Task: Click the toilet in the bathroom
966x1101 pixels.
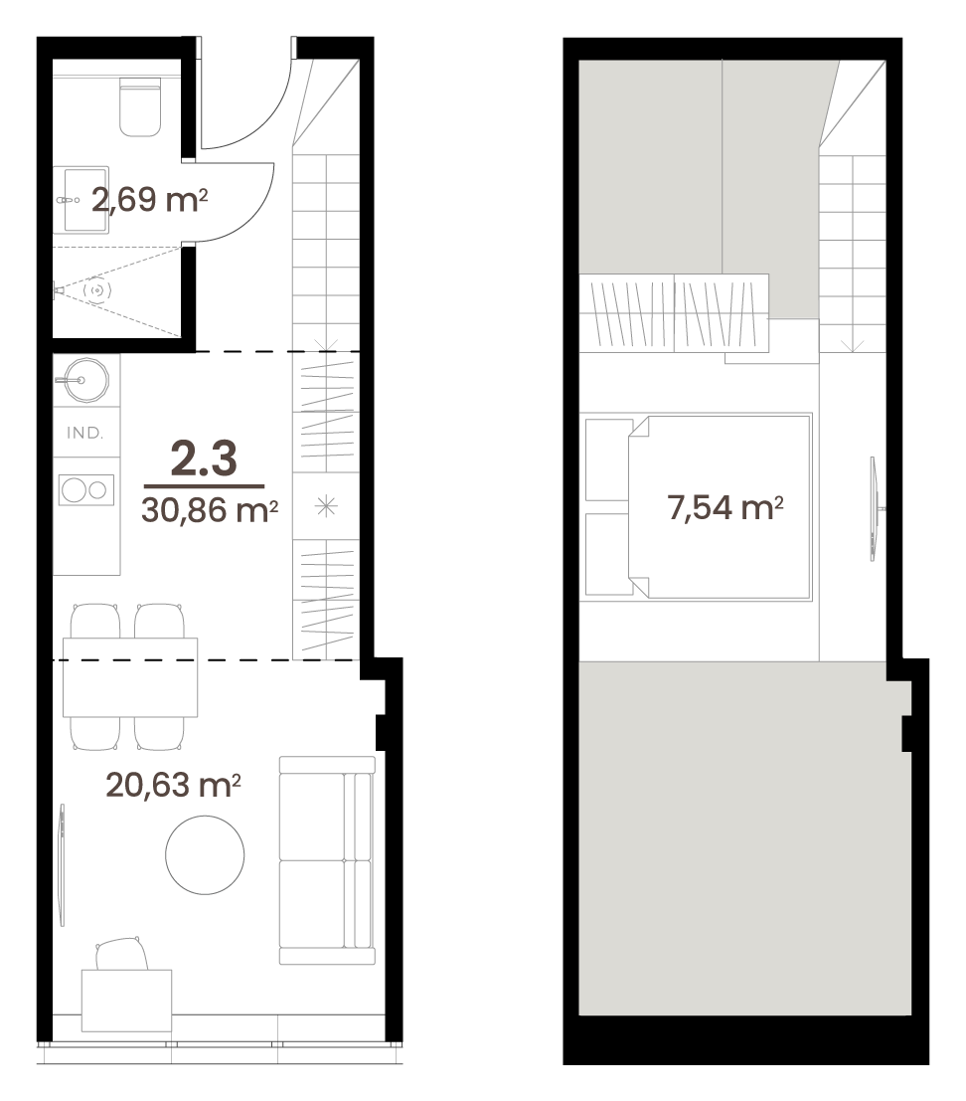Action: (x=140, y=106)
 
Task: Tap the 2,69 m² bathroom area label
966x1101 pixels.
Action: (x=149, y=200)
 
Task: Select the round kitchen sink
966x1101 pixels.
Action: (x=81, y=380)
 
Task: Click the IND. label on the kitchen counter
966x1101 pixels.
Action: (x=84, y=434)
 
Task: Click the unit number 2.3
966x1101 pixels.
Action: (x=204, y=459)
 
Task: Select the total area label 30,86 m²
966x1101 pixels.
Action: (x=210, y=510)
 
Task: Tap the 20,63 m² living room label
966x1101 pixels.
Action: (x=173, y=785)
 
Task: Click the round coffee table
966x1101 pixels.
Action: (x=205, y=854)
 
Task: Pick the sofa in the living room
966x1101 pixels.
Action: (x=327, y=860)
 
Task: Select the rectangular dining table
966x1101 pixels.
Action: (x=130, y=677)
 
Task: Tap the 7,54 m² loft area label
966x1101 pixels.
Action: (x=725, y=507)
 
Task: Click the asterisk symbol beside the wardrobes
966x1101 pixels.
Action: (x=326, y=506)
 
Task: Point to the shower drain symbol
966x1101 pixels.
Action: (x=96, y=289)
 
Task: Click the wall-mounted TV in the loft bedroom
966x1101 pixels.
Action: (x=875, y=508)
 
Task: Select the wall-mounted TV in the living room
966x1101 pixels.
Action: (x=64, y=865)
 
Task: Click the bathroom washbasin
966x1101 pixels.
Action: (x=85, y=200)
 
